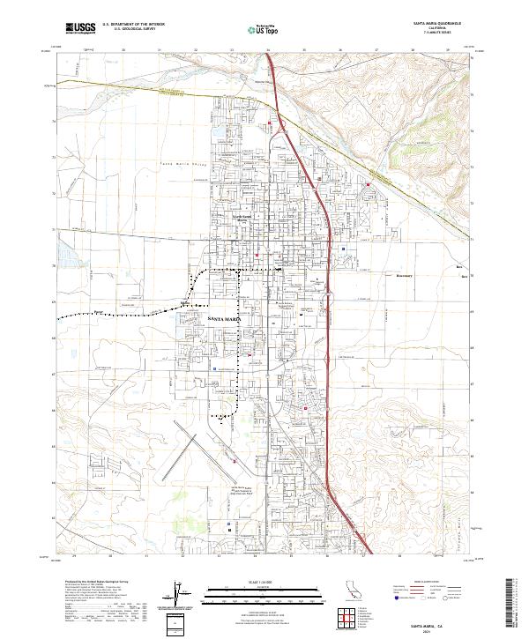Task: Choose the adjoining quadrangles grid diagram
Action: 351,616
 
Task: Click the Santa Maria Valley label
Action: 182,165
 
